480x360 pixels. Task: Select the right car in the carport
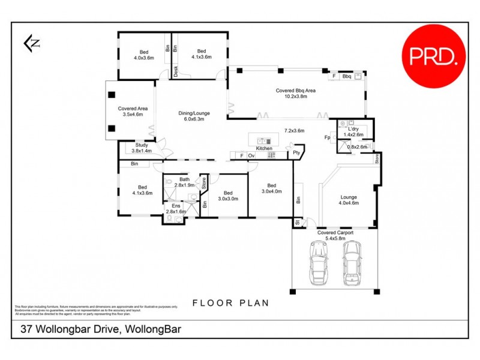tap(352, 263)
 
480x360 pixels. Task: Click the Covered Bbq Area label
tap(296, 91)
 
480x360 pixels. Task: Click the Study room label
tap(142, 145)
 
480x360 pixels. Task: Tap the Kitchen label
tap(264, 148)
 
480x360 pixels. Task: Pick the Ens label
tap(176, 206)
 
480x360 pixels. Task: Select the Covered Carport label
tap(335, 232)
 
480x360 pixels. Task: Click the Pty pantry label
tap(296, 154)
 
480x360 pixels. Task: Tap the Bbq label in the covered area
tap(346, 77)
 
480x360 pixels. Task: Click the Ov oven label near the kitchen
tap(251, 156)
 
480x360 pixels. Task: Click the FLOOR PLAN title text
tap(230, 303)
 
